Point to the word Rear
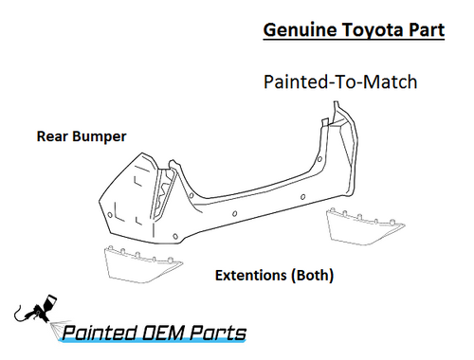[x=52, y=136]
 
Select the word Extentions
[x=249, y=277]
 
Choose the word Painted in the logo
[x=99, y=333]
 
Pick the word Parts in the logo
[x=217, y=333]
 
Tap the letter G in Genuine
[x=266, y=30]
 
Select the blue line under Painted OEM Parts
[x=152, y=343]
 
